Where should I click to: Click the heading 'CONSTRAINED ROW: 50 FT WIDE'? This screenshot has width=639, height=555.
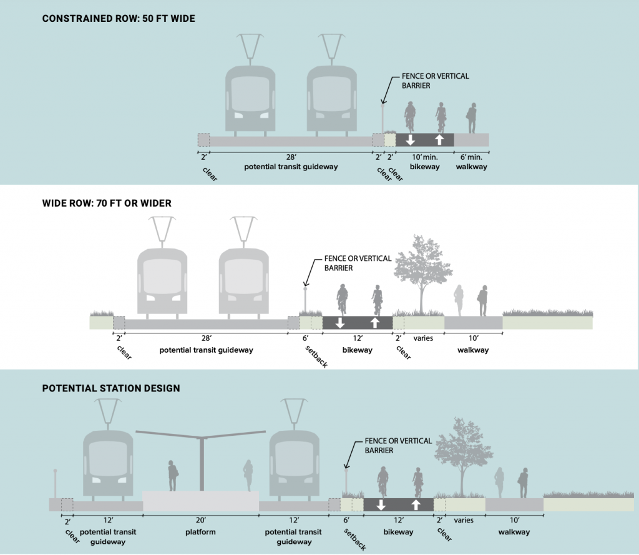(x=119, y=19)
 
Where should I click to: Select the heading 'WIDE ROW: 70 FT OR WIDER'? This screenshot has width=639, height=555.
(x=107, y=203)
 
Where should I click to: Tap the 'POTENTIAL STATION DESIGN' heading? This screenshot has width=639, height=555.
(x=111, y=388)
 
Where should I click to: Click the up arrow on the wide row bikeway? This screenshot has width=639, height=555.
(x=374, y=322)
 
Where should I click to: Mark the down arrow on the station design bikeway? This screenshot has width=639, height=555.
(x=381, y=504)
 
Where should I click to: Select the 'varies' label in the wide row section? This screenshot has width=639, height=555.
(x=424, y=338)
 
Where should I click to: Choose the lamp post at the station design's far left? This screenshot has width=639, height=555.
(x=56, y=484)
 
